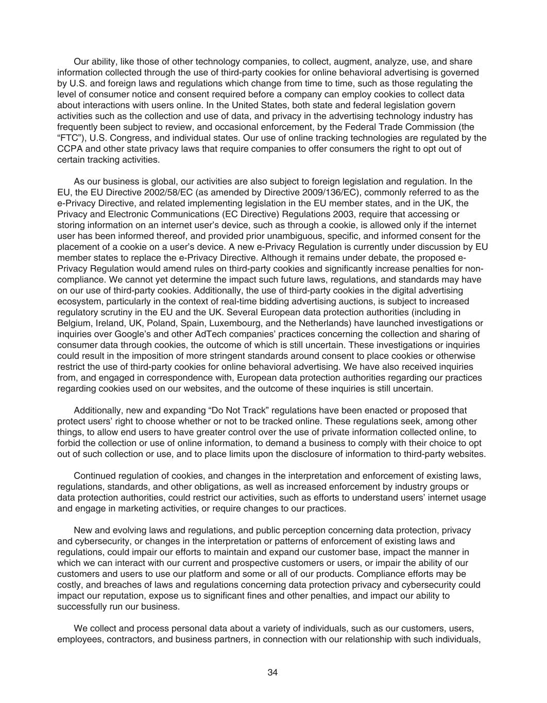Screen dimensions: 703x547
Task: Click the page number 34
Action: (x=273, y=672)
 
